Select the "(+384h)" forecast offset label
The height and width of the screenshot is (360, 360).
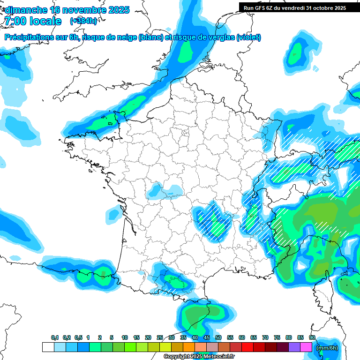83,21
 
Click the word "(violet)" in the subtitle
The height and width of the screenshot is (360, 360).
248,37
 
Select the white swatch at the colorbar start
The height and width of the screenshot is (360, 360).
48,347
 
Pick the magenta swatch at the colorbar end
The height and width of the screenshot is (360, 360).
306,347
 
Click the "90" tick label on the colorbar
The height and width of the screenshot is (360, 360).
312,338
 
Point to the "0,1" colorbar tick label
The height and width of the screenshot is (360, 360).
55,338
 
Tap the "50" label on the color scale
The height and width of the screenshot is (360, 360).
218,338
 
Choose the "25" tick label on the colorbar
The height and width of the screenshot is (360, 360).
159,338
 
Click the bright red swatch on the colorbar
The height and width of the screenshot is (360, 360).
247,347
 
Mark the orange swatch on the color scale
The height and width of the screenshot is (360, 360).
189,347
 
